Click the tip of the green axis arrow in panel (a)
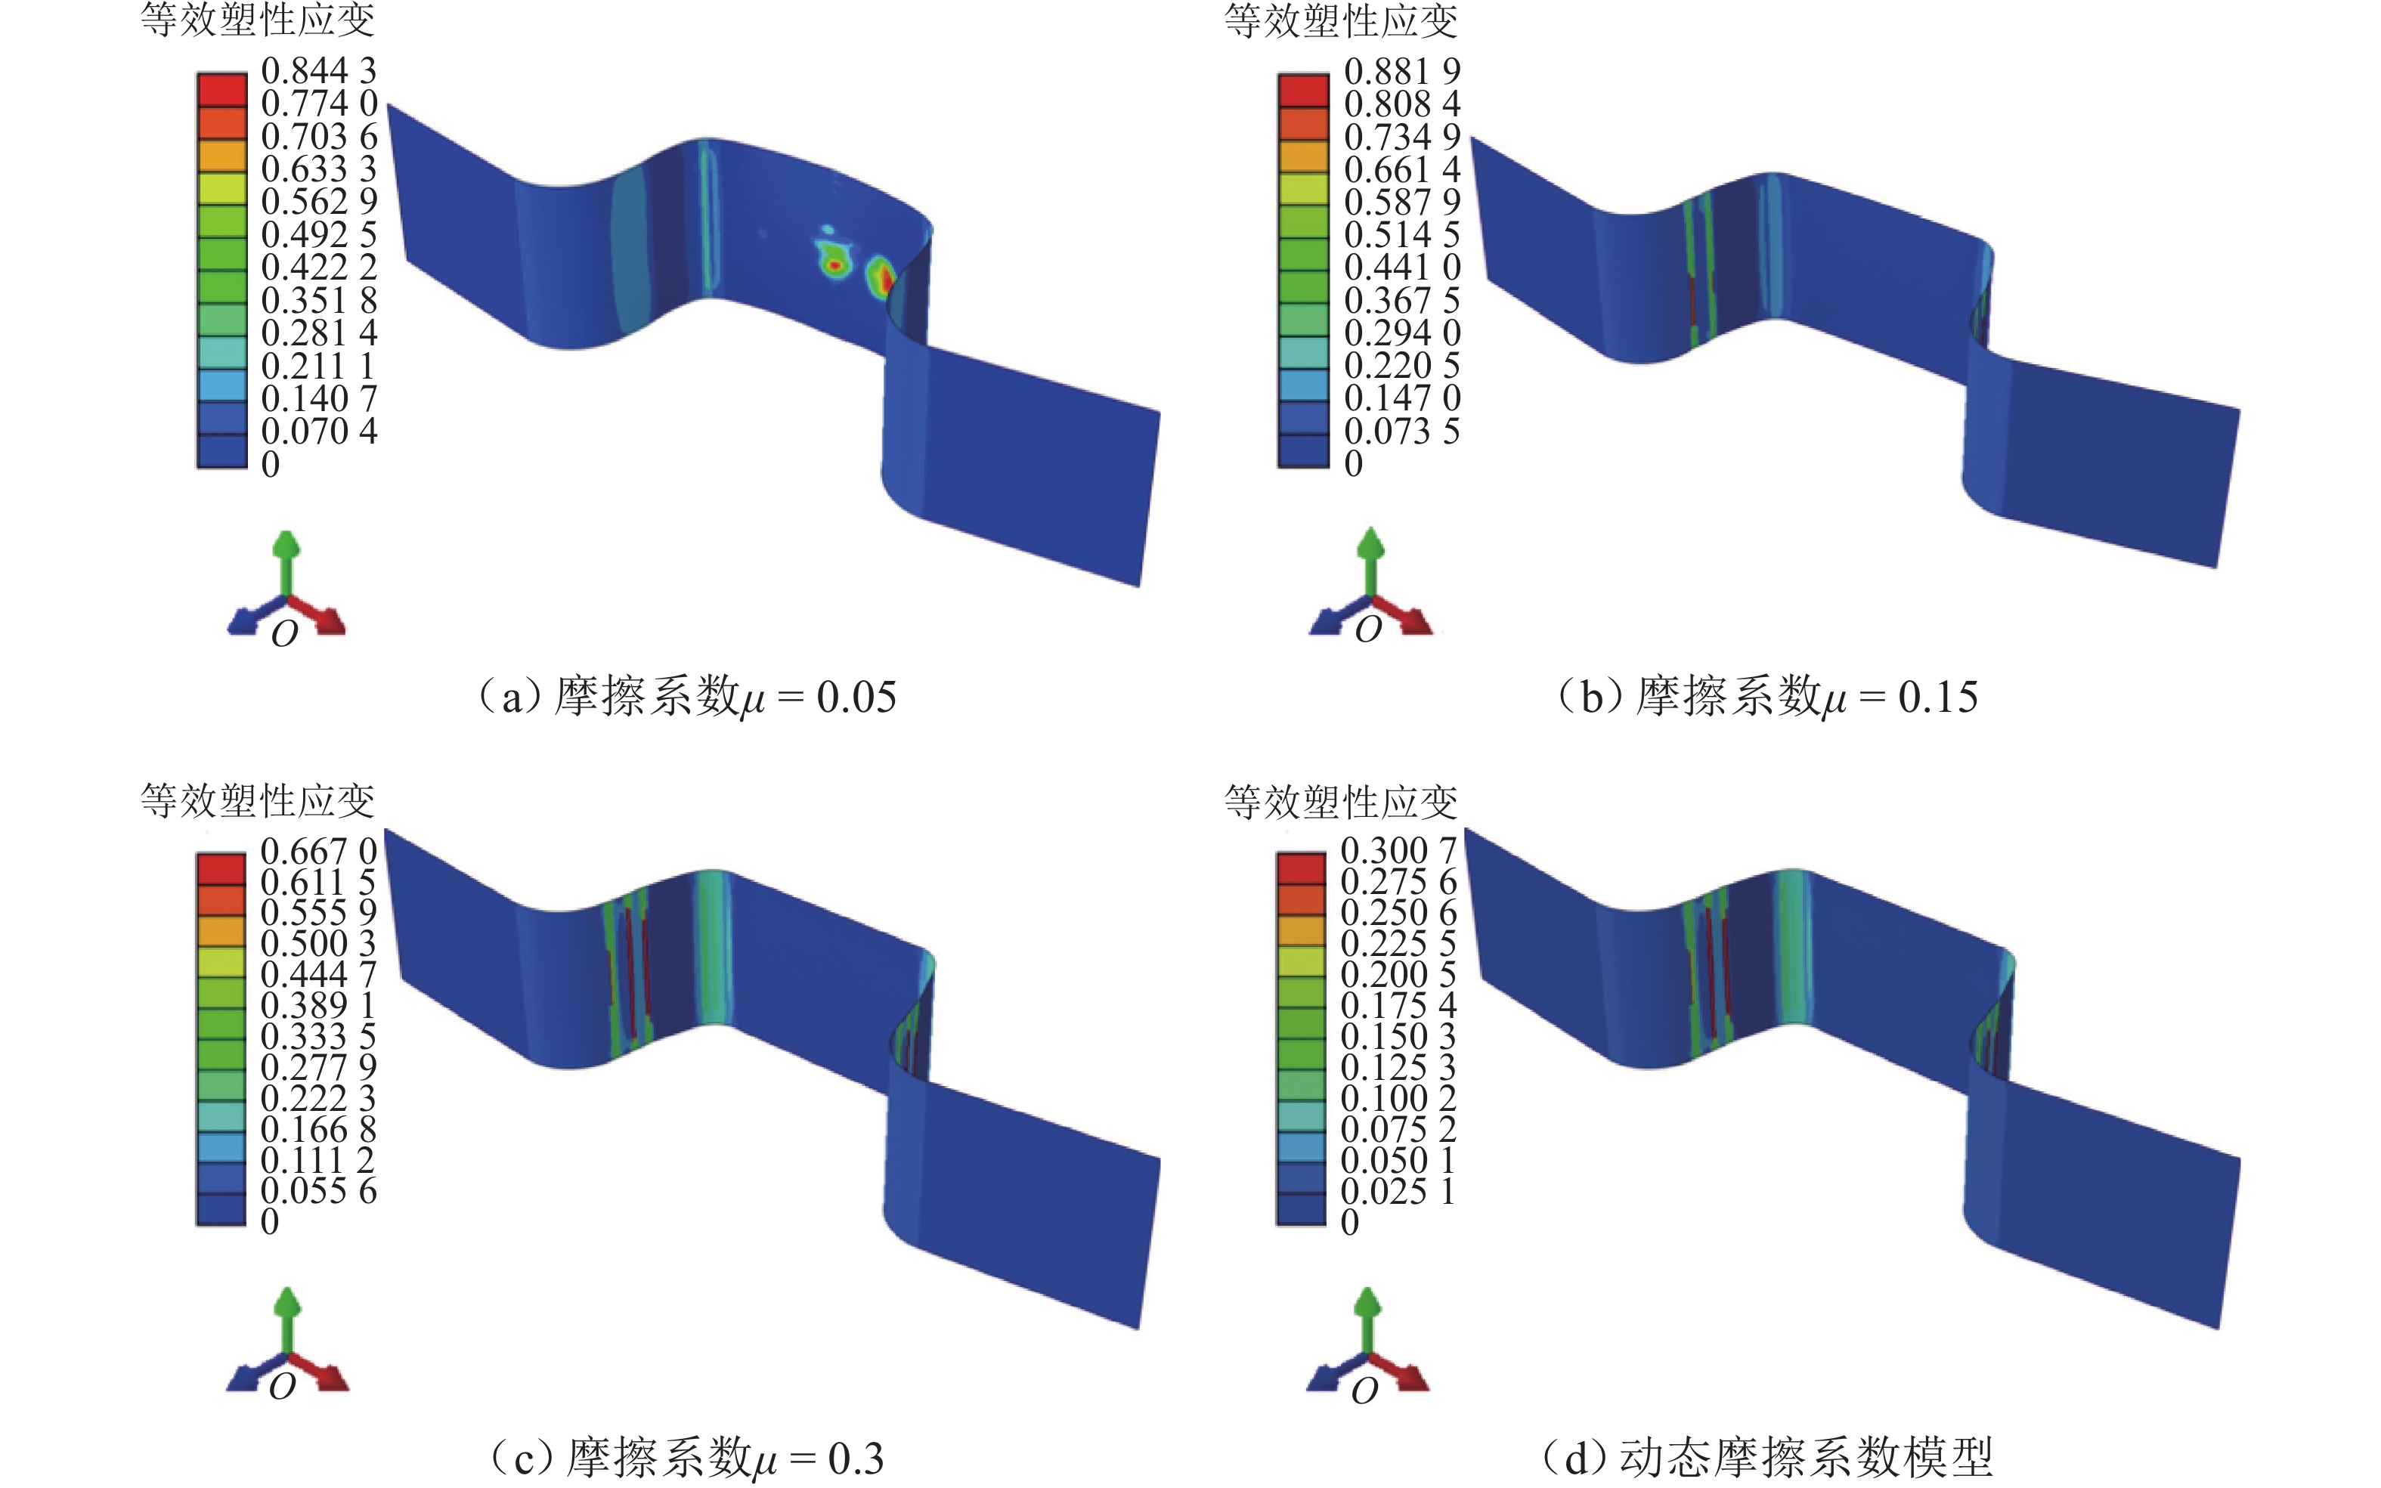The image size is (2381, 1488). click(x=286, y=534)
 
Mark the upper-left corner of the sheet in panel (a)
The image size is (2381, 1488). click(x=388, y=104)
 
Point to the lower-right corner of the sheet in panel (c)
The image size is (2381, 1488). click(x=1140, y=1329)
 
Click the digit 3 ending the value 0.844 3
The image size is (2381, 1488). click(x=367, y=71)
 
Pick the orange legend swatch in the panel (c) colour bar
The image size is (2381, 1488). click(x=221, y=930)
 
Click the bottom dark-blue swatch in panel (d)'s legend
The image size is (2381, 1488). click(x=1301, y=1209)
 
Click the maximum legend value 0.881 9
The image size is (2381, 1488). click(x=1401, y=71)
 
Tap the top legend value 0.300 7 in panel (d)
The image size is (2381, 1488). click(x=1398, y=849)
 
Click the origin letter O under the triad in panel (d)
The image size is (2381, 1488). click(x=1364, y=1391)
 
